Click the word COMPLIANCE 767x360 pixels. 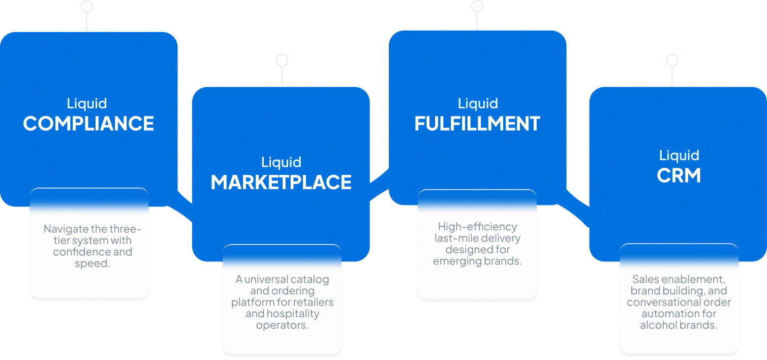click(x=88, y=124)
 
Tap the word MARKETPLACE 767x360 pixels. click(x=281, y=183)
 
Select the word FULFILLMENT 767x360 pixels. click(x=477, y=124)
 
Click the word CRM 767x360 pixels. click(x=679, y=176)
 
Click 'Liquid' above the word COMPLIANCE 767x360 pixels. click(x=87, y=104)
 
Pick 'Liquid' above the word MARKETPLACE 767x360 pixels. click(x=281, y=162)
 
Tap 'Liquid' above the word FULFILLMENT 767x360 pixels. click(x=478, y=104)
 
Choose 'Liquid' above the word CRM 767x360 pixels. click(x=679, y=155)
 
